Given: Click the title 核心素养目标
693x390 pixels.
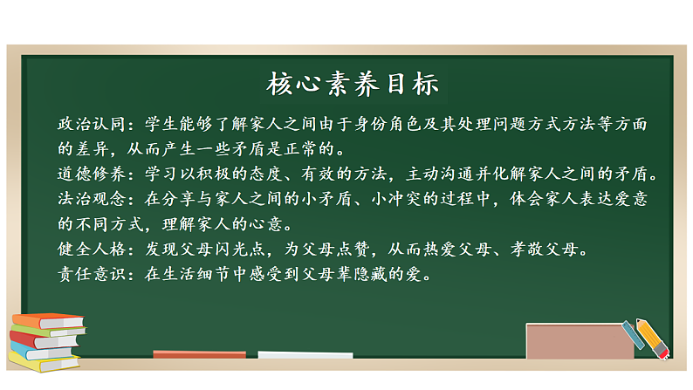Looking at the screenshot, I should tap(353, 84).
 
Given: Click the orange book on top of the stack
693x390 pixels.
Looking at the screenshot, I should tap(48, 321).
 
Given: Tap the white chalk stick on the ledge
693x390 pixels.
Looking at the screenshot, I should tap(305, 355).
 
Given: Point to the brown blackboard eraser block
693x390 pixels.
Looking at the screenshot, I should tap(580, 341).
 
